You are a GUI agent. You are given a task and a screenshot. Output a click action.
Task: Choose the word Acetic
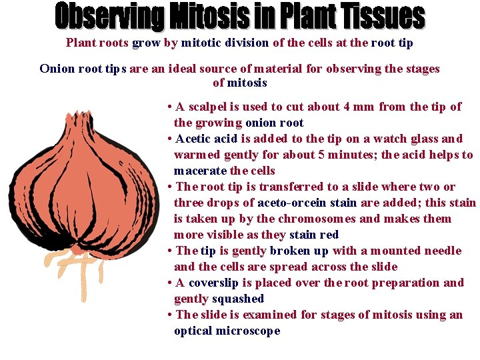(x=194, y=139)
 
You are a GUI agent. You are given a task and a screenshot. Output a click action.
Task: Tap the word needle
(x=441, y=251)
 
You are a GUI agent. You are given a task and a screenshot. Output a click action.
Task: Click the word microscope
(x=247, y=331)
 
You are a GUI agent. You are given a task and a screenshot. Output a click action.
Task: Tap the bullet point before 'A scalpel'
(x=171, y=107)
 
